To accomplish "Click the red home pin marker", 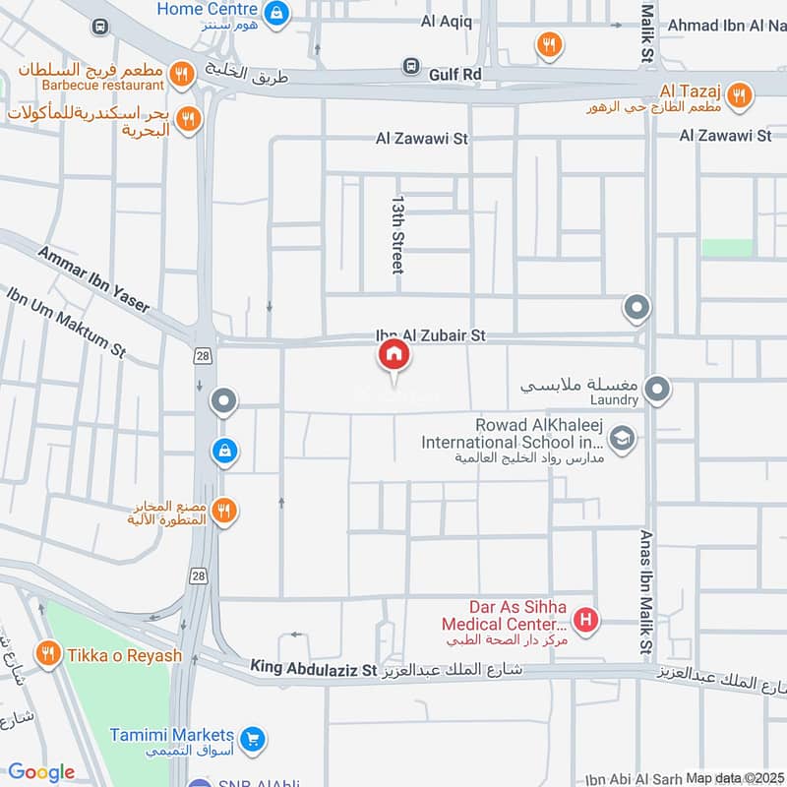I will pos(393,355).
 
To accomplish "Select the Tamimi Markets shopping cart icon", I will pos(253,737).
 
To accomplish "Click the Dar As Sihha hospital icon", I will pos(586,621).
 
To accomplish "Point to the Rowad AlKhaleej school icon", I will pos(621,439).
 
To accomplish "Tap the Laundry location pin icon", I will pos(658,389).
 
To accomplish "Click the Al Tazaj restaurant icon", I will pos(741,95).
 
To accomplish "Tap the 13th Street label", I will pos(397,232).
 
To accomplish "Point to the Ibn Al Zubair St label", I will pos(430,335).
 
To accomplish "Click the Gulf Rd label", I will pos(455,73).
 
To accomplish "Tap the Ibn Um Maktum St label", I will pos(66,322).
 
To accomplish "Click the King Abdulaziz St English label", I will pos(314,669).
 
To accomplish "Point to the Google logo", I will pos(41,772).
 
